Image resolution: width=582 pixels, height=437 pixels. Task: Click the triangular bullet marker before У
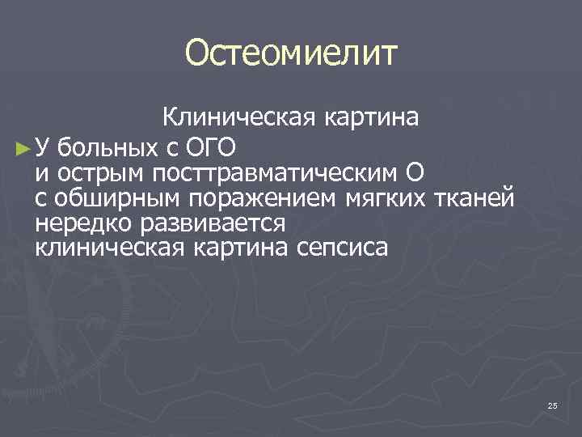coord(22,148)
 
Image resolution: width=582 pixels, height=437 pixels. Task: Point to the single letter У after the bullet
coord(44,148)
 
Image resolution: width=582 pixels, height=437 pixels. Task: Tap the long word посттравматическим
coord(276,173)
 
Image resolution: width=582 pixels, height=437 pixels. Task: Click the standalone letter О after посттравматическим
coord(415,173)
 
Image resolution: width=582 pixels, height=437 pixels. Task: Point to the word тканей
coord(473,198)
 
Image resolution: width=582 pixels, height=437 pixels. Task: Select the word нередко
coord(78,223)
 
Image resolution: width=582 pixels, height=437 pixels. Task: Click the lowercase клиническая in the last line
coord(109,248)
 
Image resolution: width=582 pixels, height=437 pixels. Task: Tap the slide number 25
coord(552,405)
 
